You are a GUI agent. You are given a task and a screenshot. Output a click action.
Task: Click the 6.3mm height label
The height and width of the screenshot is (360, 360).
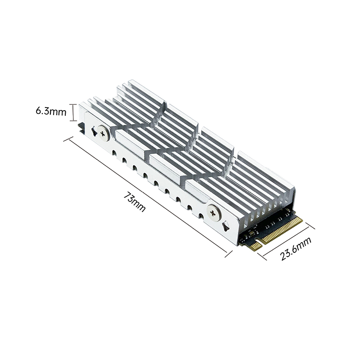(51, 111)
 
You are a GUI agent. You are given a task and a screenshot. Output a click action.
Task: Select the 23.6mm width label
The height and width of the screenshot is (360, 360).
(296, 248)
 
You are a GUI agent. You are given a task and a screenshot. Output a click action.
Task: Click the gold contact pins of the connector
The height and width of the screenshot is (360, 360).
(283, 230)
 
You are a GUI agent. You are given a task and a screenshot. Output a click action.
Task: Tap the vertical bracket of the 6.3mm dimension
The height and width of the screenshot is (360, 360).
(73, 112)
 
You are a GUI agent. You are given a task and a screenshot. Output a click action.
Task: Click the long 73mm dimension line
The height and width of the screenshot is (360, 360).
(148, 197)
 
